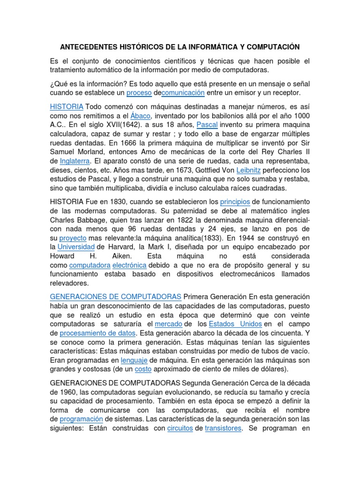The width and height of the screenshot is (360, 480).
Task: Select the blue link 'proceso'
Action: click(x=139, y=93)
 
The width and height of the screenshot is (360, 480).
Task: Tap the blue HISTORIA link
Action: click(x=67, y=106)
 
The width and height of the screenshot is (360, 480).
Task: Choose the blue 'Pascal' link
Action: click(x=206, y=125)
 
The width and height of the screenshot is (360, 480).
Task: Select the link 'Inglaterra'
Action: click(x=77, y=161)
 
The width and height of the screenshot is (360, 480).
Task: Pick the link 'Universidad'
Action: click(x=76, y=247)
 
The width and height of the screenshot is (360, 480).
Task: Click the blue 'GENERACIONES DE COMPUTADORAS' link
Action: click(x=115, y=297)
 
